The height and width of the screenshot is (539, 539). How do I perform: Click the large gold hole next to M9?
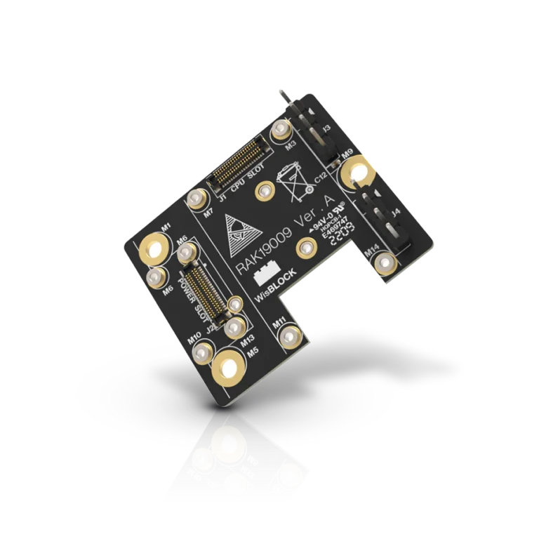357,172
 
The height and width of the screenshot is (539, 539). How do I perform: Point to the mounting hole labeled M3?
282,129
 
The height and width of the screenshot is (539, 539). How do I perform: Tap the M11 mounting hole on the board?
289,338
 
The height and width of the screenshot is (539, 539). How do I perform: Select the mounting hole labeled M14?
384,264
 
